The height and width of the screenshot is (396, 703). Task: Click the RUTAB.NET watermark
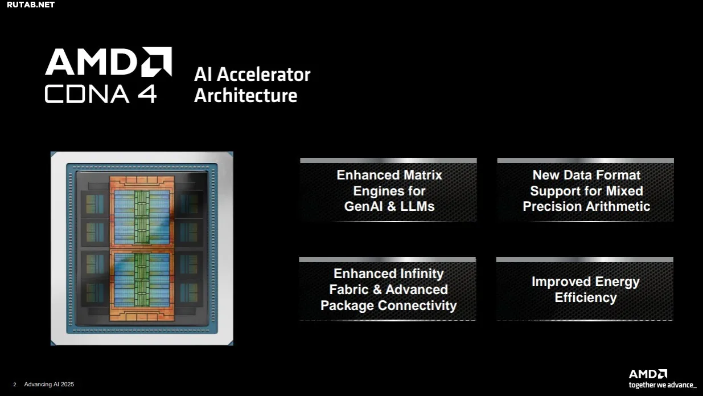pyautogui.click(x=31, y=5)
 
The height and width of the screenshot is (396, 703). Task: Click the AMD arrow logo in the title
pyautogui.click(x=157, y=62)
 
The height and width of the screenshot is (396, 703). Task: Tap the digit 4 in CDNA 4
pyautogui.click(x=146, y=94)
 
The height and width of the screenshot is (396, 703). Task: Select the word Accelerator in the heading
pyautogui.click(x=264, y=75)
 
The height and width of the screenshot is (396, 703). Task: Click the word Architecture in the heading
pyautogui.click(x=246, y=96)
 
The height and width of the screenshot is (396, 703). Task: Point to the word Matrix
pyautogui.click(x=423, y=175)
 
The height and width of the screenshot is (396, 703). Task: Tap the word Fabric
pyautogui.click(x=349, y=289)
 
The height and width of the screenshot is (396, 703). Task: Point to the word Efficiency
pyautogui.click(x=586, y=297)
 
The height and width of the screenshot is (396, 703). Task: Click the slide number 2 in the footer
pyautogui.click(x=14, y=385)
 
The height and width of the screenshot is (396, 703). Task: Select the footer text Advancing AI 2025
pyautogui.click(x=49, y=385)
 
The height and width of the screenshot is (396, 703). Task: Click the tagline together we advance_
pyautogui.click(x=663, y=385)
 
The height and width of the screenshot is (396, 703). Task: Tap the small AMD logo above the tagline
pyautogui.click(x=648, y=374)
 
